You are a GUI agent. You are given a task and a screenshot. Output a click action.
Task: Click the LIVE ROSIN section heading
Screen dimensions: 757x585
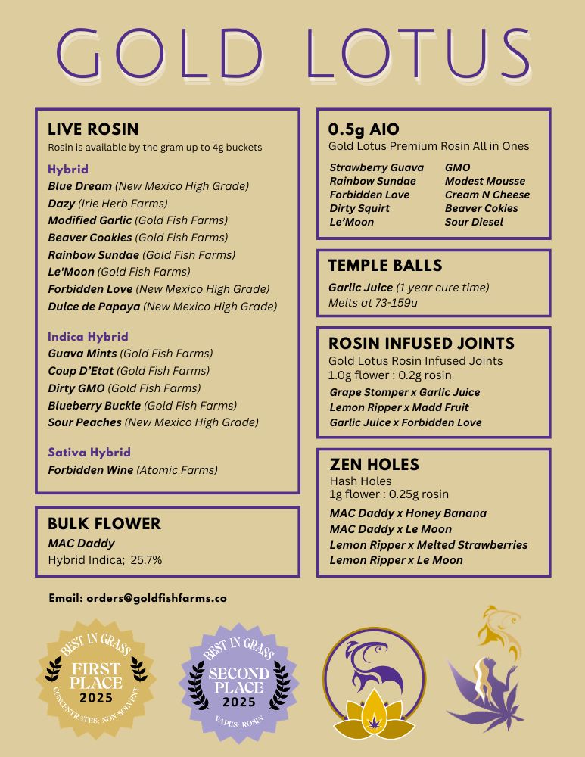click(93, 129)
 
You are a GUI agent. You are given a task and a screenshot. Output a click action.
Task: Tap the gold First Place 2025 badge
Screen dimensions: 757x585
click(96, 678)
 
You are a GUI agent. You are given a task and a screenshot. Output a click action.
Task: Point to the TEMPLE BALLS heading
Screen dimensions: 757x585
click(385, 266)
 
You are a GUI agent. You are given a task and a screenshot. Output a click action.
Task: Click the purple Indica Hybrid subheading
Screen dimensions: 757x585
click(88, 336)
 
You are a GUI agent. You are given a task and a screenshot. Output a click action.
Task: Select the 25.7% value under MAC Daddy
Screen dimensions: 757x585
click(146, 561)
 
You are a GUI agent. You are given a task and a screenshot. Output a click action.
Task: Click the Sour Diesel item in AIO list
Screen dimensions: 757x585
click(474, 222)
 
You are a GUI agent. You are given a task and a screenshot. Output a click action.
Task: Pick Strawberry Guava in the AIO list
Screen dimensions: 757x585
click(376, 167)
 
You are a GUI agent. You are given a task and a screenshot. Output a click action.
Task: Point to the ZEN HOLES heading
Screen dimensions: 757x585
click(374, 465)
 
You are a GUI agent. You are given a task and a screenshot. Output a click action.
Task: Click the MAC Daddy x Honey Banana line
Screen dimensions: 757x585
click(408, 513)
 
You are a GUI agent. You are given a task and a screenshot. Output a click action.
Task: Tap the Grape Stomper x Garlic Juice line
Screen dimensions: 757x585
click(405, 392)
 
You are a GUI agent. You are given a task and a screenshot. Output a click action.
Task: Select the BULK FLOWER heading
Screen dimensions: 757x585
click(104, 524)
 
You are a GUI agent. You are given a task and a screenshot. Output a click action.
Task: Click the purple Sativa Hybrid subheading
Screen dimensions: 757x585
click(89, 453)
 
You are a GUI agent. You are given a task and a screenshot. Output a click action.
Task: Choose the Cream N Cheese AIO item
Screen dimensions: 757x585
click(487, 195)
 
